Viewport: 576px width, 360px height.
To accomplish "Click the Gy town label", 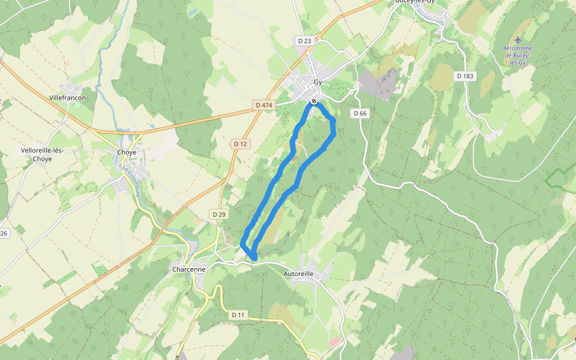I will click(318, 82).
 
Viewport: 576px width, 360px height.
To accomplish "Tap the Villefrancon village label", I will click(68, 97).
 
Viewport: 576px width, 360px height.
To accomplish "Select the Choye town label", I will click(126, 152).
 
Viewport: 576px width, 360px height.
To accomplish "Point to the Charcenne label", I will click(189, 269).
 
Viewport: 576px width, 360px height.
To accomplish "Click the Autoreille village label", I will click(298, 274).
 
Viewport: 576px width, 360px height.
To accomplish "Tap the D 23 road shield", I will click(305, 41).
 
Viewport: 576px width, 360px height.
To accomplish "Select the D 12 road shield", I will click(240, 144).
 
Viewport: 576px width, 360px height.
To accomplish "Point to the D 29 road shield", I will click(219, 214).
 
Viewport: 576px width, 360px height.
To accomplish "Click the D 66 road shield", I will click(360, 113).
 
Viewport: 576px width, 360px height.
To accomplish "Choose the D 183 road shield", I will click(465, 76).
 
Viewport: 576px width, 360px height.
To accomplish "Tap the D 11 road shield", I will click(238, 315).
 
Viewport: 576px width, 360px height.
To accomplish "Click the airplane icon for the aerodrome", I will click(518, 40).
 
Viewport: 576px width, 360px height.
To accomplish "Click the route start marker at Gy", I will click(313, 101).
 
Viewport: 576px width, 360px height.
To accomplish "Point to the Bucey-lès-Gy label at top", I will click(414, 2).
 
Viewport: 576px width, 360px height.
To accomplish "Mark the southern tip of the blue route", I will click(254, 257).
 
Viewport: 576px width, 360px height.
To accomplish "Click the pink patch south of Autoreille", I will click(334, 341).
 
